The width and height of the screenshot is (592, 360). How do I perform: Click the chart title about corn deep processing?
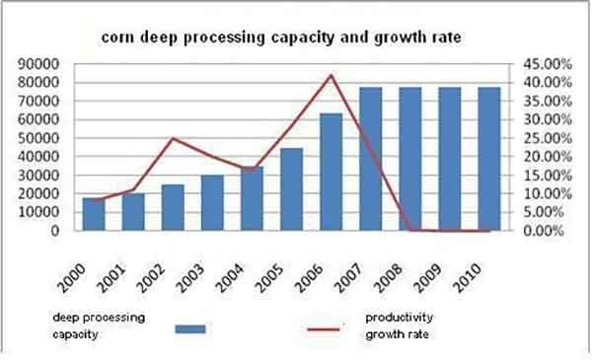pos(282,38)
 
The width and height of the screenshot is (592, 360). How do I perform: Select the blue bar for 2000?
pos(93,214)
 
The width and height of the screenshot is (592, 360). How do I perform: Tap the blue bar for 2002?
pos(173,207)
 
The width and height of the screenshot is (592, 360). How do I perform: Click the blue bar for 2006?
pos(332,173)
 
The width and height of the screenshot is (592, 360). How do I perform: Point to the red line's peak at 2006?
pos(333,75)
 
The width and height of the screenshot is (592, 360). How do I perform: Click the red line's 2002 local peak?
pos(174,138)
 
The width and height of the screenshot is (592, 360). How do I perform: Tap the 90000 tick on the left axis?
pos(38,64)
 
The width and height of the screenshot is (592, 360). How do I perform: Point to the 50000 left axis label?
pos(38,138)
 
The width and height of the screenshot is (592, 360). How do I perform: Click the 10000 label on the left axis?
pos(38,212)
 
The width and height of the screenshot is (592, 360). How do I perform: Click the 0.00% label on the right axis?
pos(543,231)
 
